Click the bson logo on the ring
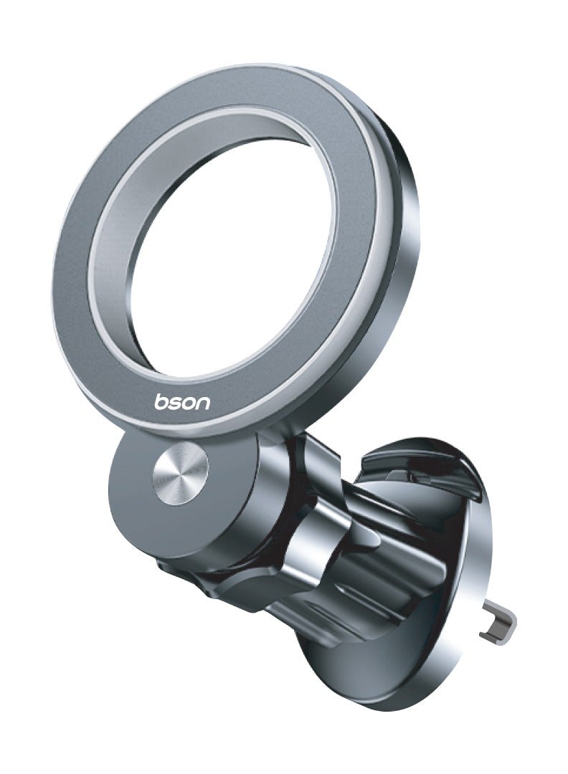click(x=182, y=402)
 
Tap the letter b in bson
click(x=161, y=401)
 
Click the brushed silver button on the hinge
click(x=181, y=468)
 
